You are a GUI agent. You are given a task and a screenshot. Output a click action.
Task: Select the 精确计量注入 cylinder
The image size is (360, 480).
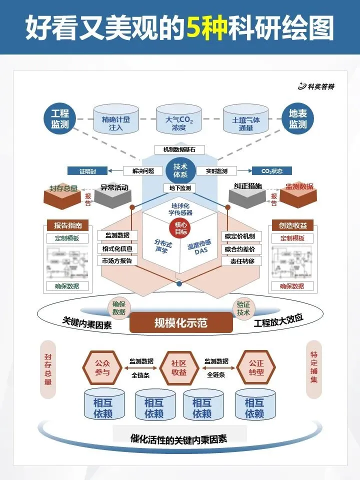tap(116, 120)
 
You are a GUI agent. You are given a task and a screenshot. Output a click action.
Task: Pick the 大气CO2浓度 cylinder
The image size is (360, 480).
tap(179, 120)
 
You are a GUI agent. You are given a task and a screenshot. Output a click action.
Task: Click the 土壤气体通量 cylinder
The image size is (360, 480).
tap(246, 120)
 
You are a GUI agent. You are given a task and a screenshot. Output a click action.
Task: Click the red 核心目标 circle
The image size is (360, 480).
tap(179, 228)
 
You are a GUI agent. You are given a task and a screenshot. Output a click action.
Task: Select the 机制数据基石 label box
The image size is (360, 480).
tap(178, 149)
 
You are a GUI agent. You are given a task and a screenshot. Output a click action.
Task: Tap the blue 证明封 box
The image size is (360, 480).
tap(86, 171)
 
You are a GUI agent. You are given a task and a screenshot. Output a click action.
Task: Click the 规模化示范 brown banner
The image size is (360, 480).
tap(181, 322)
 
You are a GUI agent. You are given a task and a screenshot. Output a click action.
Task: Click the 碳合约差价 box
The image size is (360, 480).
tap(240, 248)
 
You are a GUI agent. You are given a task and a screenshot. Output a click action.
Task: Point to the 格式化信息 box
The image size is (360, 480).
tap(117, 248)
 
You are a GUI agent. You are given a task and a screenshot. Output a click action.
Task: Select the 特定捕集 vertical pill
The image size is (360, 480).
tap(314, 370)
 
